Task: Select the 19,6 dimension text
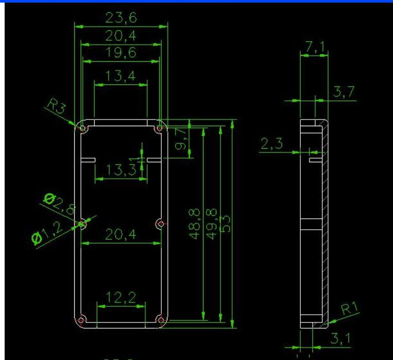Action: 121,54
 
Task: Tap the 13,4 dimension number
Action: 121,76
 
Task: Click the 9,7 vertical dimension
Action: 182,139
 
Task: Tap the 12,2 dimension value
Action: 121,297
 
